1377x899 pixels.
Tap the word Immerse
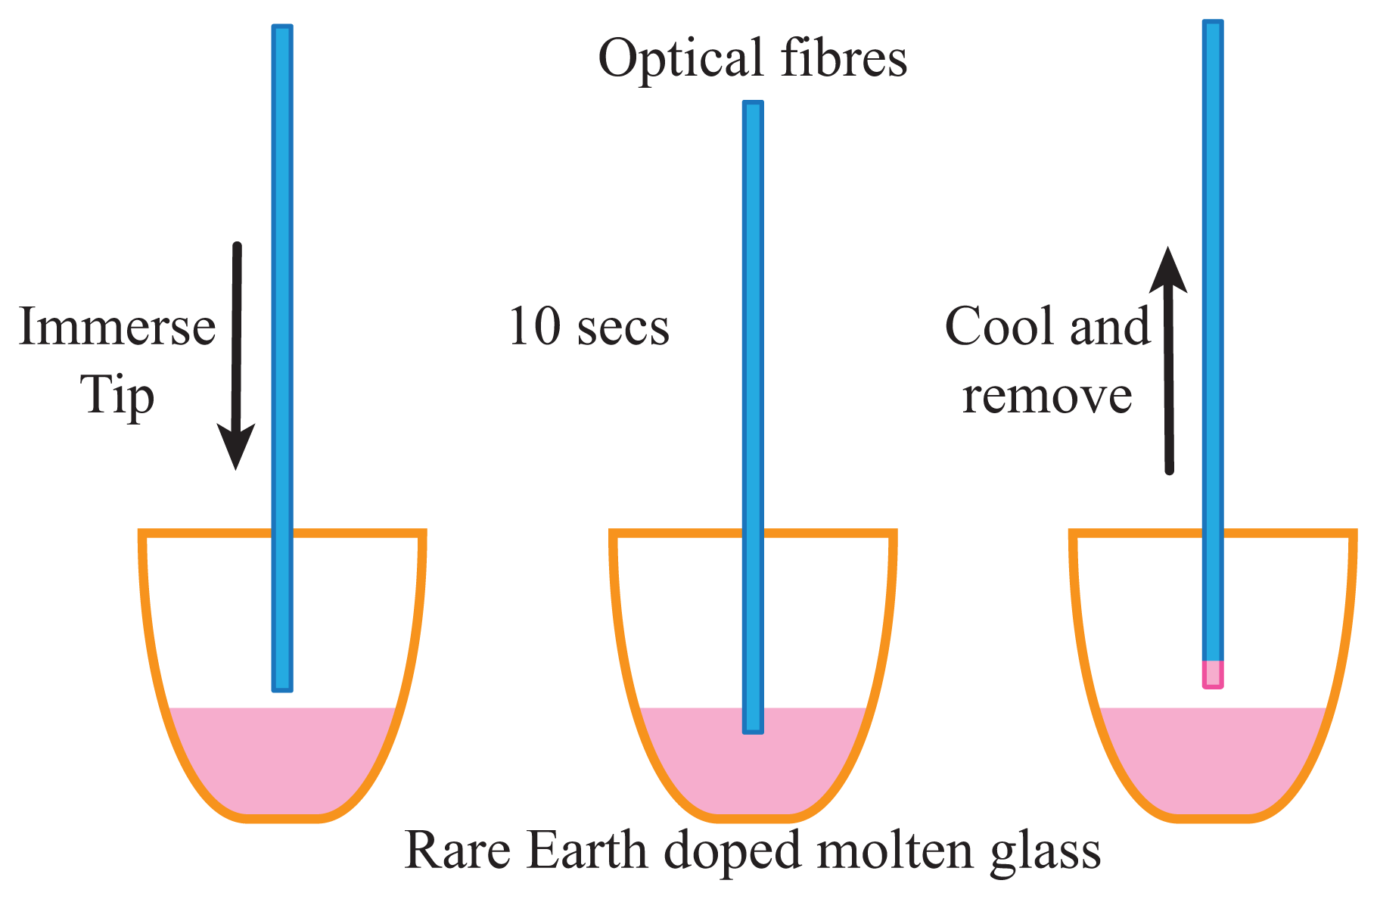point(117,327)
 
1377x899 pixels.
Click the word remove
point(1047,396)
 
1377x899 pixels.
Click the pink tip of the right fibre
point(1213,673)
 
